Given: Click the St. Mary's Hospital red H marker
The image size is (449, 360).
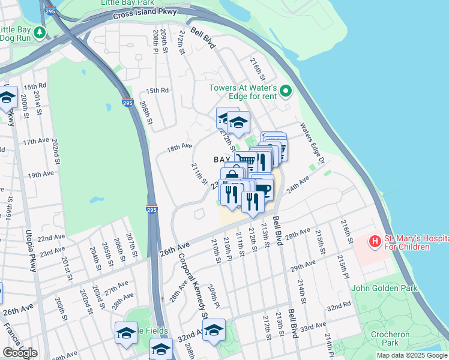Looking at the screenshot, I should pyautogui.click(x=375, y=242).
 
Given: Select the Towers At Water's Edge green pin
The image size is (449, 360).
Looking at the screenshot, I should pyautogui.click(x=286, y=92).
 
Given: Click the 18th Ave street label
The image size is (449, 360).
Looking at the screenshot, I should pyautogui.click(x=179, y=147).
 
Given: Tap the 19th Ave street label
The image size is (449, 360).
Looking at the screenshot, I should pyautogui.click(x=41, y=175).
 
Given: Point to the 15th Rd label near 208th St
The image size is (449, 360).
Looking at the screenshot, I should pyautogui.click(x=157, y=91).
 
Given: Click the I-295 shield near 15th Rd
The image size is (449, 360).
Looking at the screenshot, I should pyautogui.click(x=127, y=103).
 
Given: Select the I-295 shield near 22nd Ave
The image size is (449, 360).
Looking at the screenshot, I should pyautogui.click(x=152, y=209).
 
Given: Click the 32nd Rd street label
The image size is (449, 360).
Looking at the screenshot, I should pyautogui.click(x=339, y=307).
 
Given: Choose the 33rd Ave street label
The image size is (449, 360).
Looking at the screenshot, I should pyautogui.click(x=313, y=328).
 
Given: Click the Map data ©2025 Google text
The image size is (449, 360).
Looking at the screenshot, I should pyautogui.click(x=411, y=355).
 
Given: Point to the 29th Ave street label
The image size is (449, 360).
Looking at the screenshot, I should pyautogui.click(x=303, y=265).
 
